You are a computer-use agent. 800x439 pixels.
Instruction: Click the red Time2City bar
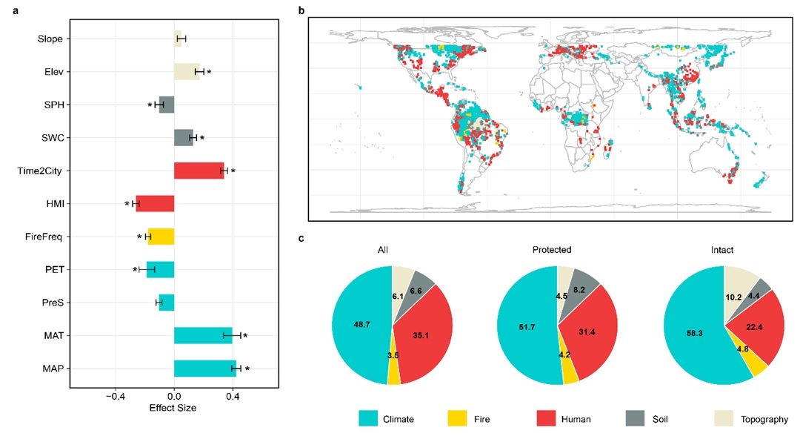point(199,171)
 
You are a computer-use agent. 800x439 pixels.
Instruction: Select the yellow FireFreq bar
point(161,237)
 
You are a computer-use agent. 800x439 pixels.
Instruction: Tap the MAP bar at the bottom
point(205,369)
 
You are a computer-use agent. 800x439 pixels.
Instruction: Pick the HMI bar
point(155,203)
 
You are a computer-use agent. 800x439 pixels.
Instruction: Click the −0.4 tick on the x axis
point(116,396)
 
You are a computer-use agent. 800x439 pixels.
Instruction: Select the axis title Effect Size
point(173,408)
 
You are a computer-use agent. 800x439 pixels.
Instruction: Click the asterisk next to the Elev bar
point(210,73)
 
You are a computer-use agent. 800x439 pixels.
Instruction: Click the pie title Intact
point(724,251)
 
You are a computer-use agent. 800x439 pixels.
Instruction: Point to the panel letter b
point(300,10)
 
